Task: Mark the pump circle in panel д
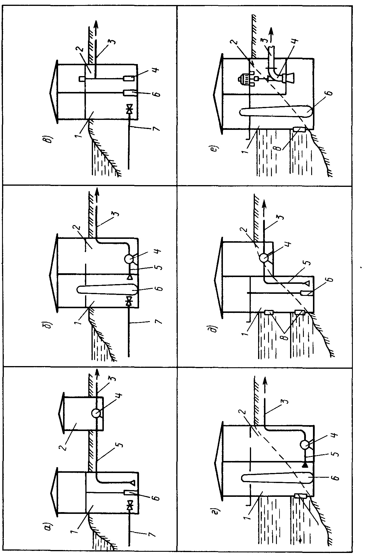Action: pos(264,258)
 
